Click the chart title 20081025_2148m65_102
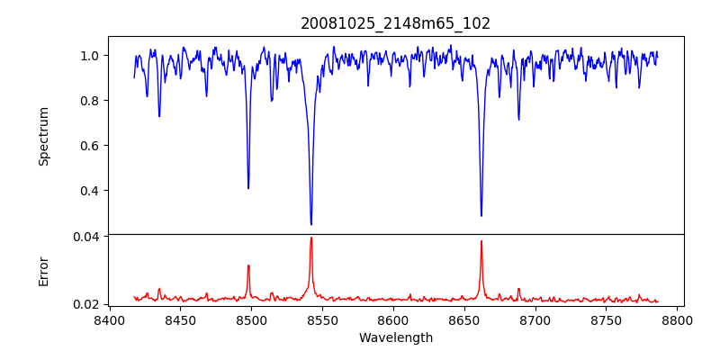coord(395,23)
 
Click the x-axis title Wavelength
coord(395,337)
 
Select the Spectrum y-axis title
coord(43,136)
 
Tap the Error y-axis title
coord(43,271)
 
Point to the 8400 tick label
coord(109,320)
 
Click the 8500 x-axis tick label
coord(251,320)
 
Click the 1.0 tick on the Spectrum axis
coord(90,56)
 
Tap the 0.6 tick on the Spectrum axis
coord(90,146)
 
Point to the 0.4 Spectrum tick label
coord(90,191)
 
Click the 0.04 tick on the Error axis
coord(86,236)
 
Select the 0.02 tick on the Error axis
coord(86,304)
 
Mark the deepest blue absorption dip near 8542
coord(311,224)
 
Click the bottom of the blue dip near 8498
coord(248,188)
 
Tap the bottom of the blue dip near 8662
coord(481,215)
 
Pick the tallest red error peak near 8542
coord(311,238)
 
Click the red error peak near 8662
coord(481,241)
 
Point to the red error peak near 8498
coord(248,265)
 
